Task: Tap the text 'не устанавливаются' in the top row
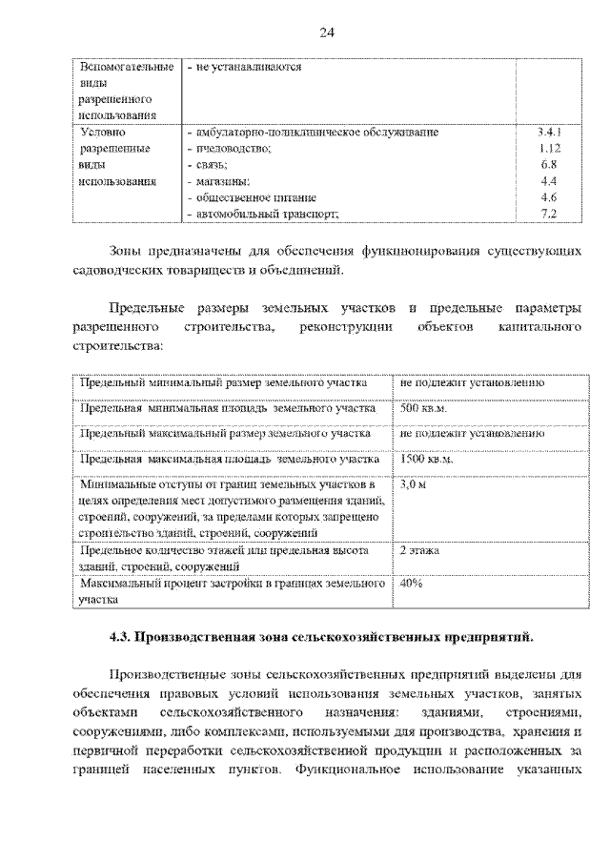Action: pyautogui.click(x=248, y=68)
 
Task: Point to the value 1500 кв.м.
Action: pyautogui.click(x=427, y=459)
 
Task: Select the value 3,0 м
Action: pyautogui.click(x=413, y=484)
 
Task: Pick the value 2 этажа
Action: pyautogui.click(x=420, y=550)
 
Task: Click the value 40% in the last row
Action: pyautogui.click(x=412, y=583)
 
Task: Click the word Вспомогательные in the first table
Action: pyautogui.click(x=128, y=68)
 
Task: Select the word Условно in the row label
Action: pyautogui.click(x=104, y=133)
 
